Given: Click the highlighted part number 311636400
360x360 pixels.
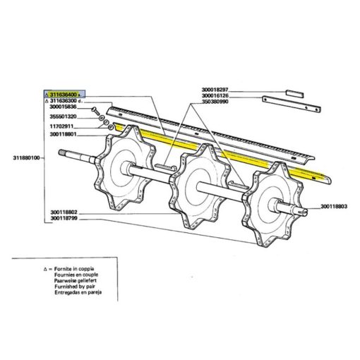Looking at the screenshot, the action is click(x=64, y=95).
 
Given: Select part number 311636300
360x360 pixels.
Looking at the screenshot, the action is click(x=64, y=101).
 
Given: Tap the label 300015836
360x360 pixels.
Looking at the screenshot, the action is click(x=64, y=107).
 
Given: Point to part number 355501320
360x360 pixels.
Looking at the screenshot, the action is click(x=64, y=116).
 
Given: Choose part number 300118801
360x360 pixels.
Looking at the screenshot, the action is click(x=64, y=134).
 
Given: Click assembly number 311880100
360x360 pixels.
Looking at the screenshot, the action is click(x=26, y=158).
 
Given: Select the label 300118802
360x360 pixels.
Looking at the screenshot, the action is click(x=64, y=212).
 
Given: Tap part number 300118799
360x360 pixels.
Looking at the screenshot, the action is click(x=64, y=219).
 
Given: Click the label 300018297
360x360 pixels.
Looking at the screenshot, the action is click(x=215, y=90).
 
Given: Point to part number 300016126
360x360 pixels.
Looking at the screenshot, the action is click(x=215, y=96).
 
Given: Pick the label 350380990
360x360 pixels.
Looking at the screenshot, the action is click(x=215, y=102).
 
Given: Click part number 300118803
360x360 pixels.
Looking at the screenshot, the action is click(x=334, y=207).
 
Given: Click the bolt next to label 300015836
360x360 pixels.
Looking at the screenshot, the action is click(x=95, y=110).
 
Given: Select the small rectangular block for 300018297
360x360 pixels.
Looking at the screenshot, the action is click(x=294, y=94).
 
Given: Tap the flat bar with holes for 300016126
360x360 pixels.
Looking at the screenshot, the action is click(x=292, y=104).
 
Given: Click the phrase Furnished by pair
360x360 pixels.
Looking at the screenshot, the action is click(x=75, y=287).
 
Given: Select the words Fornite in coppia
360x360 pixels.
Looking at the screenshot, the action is click(x=74, y=269).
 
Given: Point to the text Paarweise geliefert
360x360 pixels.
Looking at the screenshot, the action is click(x=76, y=281).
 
